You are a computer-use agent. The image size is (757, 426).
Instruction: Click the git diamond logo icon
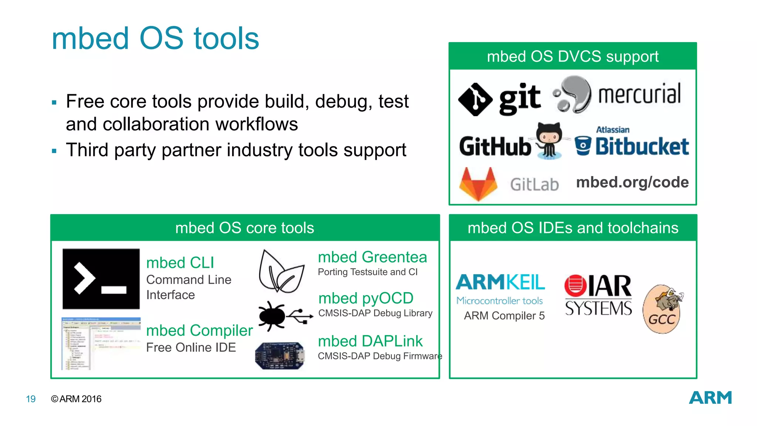(475, 99)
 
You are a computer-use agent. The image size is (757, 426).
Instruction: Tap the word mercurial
(639, 94)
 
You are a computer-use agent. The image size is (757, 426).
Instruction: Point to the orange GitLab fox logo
(478, 184)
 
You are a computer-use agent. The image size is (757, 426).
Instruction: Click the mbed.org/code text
(632, 182)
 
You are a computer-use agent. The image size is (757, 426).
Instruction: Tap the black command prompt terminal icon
(101, 279)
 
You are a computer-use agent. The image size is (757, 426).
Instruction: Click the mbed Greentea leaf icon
(281, 272)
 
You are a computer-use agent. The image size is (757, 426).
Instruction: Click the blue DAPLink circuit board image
(280, 355)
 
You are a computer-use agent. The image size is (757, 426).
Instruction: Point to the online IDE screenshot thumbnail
(101, 343)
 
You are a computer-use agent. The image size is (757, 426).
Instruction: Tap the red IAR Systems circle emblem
(575, 285)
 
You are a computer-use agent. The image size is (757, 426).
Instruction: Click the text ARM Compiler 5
(504, 316)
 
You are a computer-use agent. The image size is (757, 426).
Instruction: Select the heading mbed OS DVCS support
(573, 57)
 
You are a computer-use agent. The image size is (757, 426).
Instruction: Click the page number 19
(31, 399)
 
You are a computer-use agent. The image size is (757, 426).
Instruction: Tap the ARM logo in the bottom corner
(710, 398)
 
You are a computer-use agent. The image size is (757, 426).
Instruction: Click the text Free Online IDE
(191, 348)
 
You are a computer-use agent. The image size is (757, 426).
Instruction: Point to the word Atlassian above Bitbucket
(612, 130)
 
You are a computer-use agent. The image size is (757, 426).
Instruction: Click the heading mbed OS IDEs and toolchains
(573, 228)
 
